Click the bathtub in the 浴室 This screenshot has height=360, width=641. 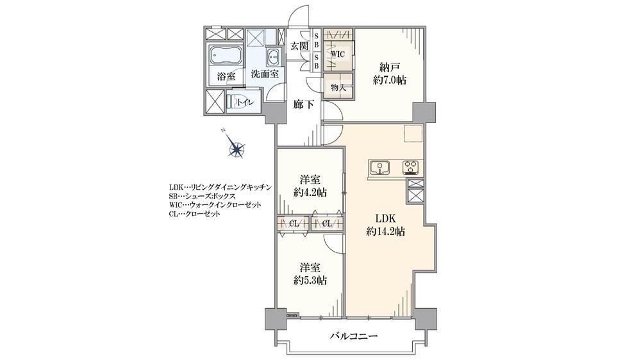[x=226, y=56]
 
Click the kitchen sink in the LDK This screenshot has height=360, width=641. [x=379, y=168]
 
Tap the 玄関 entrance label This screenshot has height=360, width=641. [x=299, y=46]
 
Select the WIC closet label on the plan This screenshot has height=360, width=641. [x=338, y=54]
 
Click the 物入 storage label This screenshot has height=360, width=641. [x=338, y=87]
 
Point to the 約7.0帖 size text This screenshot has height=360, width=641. [x=389, y=80]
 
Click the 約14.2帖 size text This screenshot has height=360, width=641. [x=385, y=232]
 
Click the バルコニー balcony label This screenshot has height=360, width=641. [x=354, y=337]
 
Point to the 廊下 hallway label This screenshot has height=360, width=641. [x=304, y=104]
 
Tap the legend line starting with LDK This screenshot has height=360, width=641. [x=220, y=187]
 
